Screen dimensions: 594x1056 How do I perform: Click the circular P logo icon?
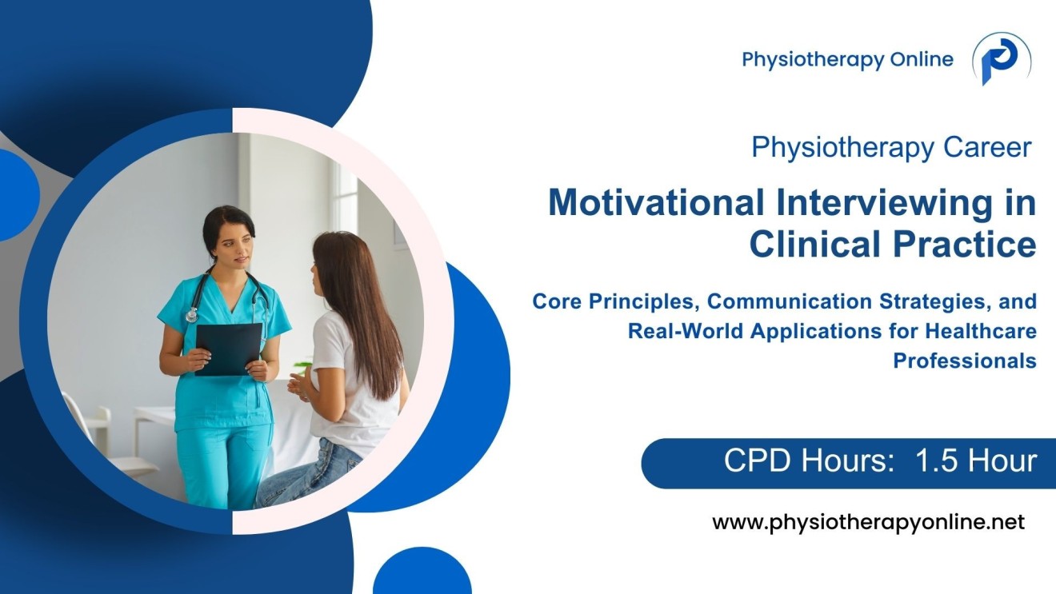[x=1001, y=60]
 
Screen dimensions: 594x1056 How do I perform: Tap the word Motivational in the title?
[x=656, y=204]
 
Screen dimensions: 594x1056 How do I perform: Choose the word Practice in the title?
[x=959, y=245]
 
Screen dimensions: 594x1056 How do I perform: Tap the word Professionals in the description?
[x=964, y=361]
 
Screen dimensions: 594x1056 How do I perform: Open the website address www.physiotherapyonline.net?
[x=868, y=523]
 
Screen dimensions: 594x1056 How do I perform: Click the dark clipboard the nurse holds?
[x=228, y=348]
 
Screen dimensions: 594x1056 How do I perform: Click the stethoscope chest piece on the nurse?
[x=191, y=316]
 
